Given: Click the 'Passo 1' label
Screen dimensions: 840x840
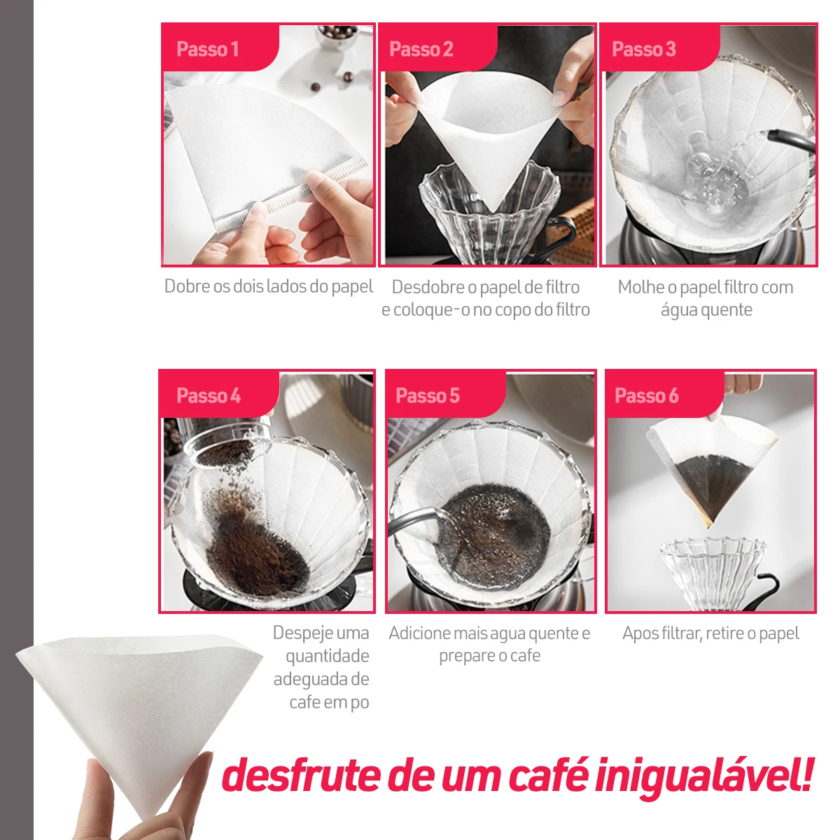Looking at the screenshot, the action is coord(207,49).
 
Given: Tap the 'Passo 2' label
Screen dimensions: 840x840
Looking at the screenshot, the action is coord(421,49).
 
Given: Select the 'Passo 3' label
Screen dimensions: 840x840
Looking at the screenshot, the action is coord(644,49).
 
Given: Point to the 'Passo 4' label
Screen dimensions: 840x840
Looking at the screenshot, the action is coord(209,395).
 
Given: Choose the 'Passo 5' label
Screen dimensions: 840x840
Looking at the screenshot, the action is coord(428,395).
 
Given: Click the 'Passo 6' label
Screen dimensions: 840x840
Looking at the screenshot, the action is coord(647,395).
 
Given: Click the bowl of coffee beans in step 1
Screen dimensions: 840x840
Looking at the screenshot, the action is coord(337,35).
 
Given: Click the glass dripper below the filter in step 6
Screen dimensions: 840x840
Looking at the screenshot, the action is coord(713,573).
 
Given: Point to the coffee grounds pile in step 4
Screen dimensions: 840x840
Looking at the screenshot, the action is coord(255,549).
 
